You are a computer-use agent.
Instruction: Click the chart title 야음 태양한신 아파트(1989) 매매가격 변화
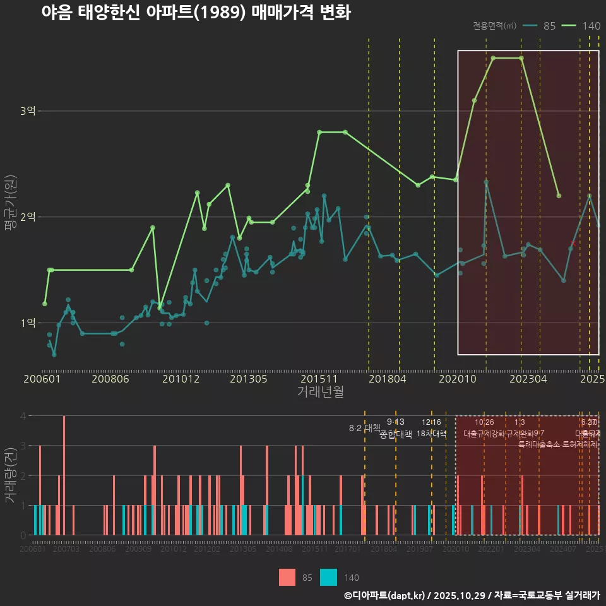[196, 13]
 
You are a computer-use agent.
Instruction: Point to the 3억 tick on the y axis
[28, 111]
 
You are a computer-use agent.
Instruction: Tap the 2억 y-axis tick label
[28, 217]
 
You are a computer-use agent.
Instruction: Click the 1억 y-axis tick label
[28, 323]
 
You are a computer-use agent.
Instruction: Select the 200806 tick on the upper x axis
[110, 379]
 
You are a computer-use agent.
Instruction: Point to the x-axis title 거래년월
[320, 392]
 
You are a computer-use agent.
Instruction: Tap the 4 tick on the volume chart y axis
[23, 416]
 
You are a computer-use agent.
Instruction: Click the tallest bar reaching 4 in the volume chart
[64, 475]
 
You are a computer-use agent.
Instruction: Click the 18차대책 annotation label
[432, 434]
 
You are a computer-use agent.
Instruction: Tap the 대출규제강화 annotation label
[484, 434]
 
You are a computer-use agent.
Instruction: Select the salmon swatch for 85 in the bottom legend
[287, 578]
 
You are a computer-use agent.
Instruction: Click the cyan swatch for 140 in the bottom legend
[328, 578]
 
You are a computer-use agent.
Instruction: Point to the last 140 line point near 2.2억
[559, 196]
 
